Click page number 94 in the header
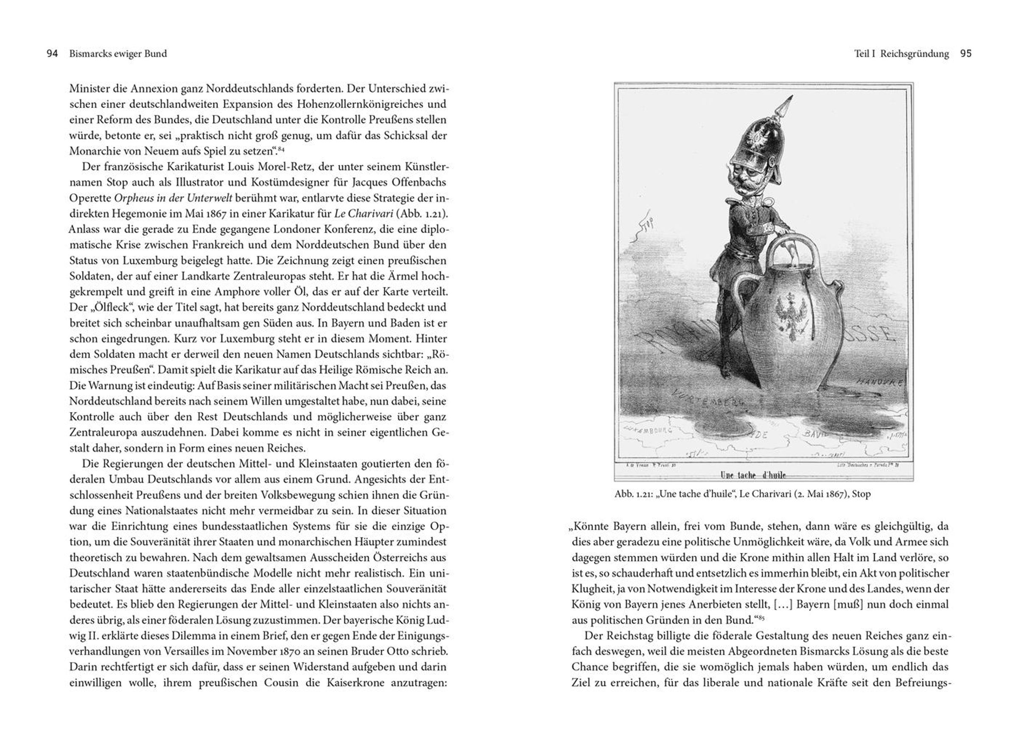click(x=52, y=54)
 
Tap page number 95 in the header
click(x=966, y=54)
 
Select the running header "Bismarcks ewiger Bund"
click(x=118, y=54)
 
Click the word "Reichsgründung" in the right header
click(x=915, y=54)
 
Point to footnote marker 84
click(x=281, y=148)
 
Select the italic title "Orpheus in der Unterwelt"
click(x=173, y=198)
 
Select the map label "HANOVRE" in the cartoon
click(x=879, y=382)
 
